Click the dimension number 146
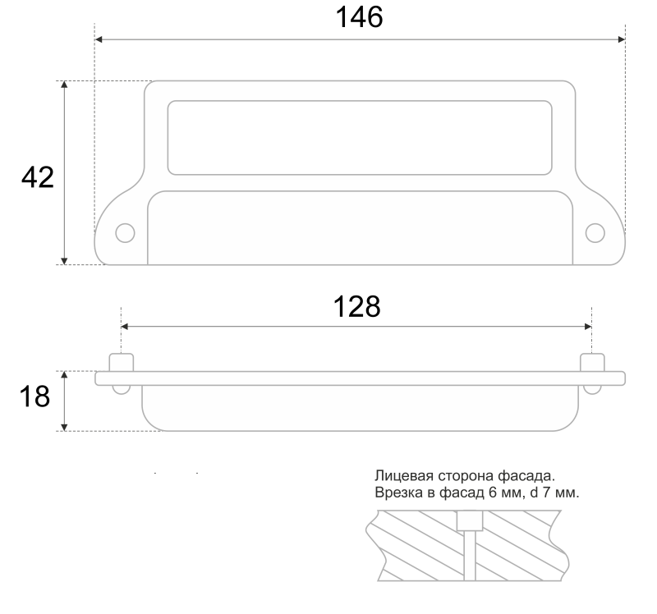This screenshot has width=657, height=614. pos(359,17)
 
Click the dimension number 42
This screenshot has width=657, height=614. pos(38,177)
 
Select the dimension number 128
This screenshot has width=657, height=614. pos(356,306)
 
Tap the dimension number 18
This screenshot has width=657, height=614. pos(34,396)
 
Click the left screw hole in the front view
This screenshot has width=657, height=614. pos(125,233)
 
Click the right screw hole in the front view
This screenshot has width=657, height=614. pos(595,233)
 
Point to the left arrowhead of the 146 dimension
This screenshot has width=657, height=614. pos(99,39)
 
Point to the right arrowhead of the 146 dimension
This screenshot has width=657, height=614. pos(622,39)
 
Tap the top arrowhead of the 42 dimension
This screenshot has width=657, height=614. pos(64,85)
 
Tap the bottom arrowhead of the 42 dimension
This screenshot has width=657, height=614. pos(64,260)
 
